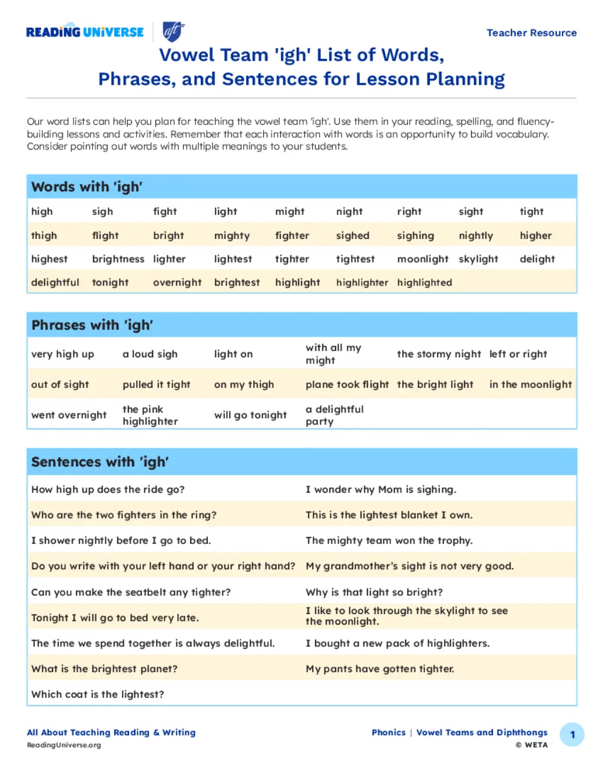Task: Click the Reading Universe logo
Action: pos(85,32)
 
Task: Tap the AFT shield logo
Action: pos(173,32)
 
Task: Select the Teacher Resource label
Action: pos(531,33)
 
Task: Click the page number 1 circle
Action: pos(572,735)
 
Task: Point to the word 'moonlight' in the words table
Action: pos(422,259)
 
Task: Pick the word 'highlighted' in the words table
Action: pos(424,283)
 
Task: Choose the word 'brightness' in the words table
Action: pos(118,259)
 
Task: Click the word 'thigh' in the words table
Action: pos(44,235)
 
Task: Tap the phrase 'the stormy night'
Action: pos(439,354)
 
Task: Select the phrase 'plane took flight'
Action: pos(347,384)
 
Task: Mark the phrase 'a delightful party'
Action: pos(334,415)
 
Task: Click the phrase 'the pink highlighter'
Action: pos(150,415)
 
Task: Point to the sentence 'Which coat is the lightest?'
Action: pos(98,694)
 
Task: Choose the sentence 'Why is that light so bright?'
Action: pos(374,592)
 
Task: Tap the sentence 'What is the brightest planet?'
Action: pos(104,669)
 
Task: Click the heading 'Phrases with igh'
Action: pos(92,325)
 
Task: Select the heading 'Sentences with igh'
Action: pos(100,462)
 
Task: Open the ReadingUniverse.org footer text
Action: pos(64,745)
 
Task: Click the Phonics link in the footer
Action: pos(388,732)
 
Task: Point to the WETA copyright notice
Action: pos(531,745)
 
